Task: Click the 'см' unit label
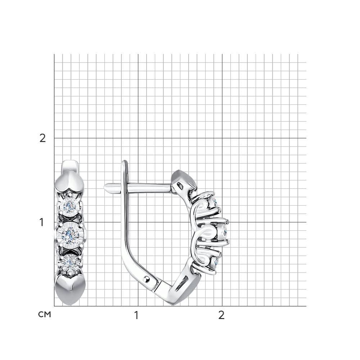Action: pos(45,314)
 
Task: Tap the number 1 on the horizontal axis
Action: pos(136,315)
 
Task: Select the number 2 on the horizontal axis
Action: pos(221,315)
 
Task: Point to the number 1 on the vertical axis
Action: pos(41,222)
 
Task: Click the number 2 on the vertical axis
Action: pos(43,138)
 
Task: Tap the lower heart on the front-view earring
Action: pos(70,290)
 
